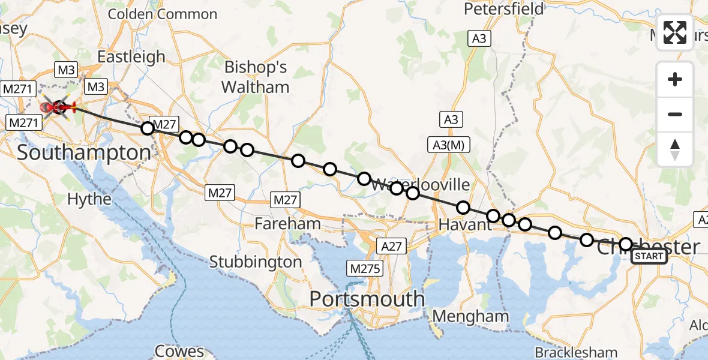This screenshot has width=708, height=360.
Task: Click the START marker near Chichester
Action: (649, 257)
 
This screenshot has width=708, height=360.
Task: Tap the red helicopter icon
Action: (58, 107)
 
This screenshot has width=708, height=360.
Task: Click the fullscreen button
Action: (675, 32)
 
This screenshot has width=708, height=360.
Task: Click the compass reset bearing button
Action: (675, 149)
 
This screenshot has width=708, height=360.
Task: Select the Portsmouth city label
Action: (367, 299)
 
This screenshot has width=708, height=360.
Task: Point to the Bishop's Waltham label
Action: (256, 77)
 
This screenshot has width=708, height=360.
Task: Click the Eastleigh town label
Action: (131, 57)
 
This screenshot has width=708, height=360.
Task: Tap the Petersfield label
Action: (505, 9)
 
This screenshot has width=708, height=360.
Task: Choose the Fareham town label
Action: (287, 224)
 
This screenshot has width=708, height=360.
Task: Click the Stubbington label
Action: (256, 262)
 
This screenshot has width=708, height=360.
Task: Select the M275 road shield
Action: (364, 269)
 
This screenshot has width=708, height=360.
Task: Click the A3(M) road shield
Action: (448, 145)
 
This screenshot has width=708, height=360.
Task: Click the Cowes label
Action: (179, 351)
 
